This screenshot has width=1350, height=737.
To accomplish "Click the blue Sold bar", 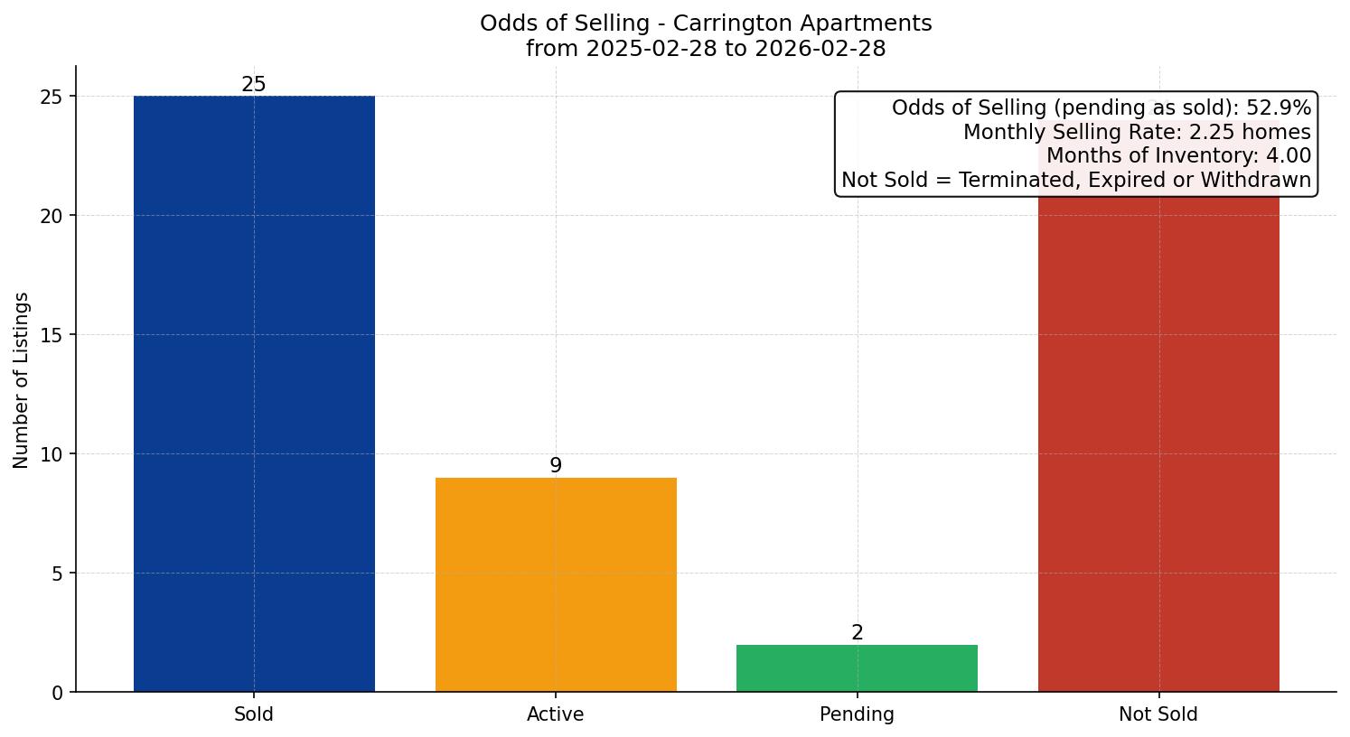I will tap(254, 393).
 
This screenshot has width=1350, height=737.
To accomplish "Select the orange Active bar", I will tap(556, 584).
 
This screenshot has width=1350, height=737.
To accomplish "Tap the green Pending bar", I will tap(857, 668).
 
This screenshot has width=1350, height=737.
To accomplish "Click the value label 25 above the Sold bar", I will tap(254, 85).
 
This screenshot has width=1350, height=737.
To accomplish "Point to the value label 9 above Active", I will tap(556, 466).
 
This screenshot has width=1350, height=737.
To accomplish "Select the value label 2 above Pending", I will tap(857, 633).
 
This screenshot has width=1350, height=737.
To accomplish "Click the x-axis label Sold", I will tap(254, 714).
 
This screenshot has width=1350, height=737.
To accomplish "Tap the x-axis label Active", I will tap(556, 714).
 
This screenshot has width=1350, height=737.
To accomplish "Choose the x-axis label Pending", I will tap(857, 714).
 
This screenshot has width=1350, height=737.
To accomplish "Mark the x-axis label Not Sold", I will tap(1158, 714).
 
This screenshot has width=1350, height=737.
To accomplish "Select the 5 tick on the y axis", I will tap(58, 574).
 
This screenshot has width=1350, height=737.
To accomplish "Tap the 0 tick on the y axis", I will tap(58, 693).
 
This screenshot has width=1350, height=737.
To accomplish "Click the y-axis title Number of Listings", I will tap(22, 380).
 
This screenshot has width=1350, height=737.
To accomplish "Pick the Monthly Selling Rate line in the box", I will tap(1137, 133).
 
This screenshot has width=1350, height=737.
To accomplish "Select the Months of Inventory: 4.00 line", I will tap(1178, 156).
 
